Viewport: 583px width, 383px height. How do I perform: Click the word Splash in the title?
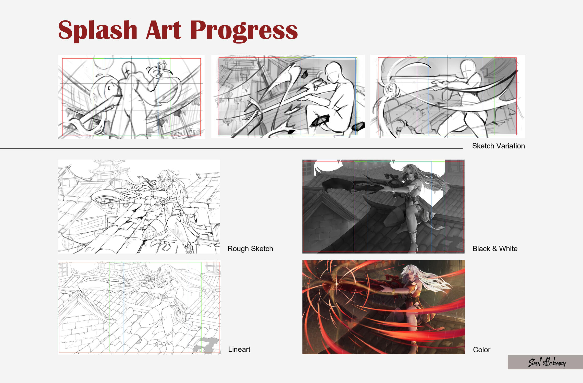pyautogui.click(x=98, y=31)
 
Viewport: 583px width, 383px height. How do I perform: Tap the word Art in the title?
pyautogui.click(x=164, y=30)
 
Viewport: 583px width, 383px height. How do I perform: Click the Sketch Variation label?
pyautogui.click(x=498, y=146)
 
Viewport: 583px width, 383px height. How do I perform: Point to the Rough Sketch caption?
pyautogui.click(x=250, y=248)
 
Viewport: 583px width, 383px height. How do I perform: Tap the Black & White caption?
pyautogui.click(x=495, y=248)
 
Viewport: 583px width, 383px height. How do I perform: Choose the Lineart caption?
pyautogui.click(x=239, y=349)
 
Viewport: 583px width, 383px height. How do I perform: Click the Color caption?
pyautogui.click(x=481, y=350)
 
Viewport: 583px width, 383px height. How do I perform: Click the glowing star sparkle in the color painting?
pyautogui.click(x=337, y=284)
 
